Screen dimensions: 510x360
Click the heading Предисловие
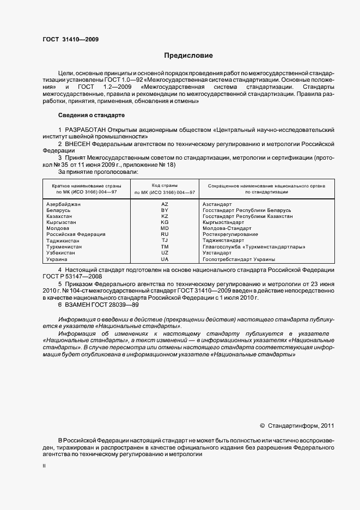click(189, 55)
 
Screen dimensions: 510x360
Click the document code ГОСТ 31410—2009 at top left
click(71, 39)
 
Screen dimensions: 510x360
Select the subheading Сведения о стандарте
click(91, 116)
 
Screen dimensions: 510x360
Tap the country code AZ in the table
click(164, 203)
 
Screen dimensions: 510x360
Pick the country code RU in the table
click(164, 234)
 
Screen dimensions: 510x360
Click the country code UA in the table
click(164, 259)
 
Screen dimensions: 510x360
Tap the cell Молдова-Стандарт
click(227, 228)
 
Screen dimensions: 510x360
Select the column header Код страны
click(164, 186)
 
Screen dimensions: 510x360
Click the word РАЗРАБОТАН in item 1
click(85, 130)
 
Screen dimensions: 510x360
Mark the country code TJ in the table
click(164, 240)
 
